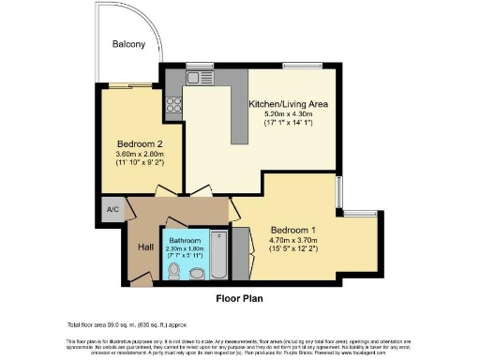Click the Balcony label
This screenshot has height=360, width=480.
pos(127,44)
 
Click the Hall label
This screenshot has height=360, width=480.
pos(145,247)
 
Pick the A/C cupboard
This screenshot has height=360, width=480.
pos(112,209)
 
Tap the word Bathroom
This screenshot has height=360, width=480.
pos(184,241)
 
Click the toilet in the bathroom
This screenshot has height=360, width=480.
pos(174,270)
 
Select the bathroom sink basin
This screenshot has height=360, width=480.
pos(197,273)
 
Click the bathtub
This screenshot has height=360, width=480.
pos(219,254)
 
